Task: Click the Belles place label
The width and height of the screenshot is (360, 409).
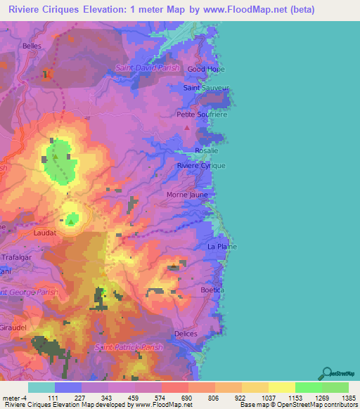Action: pyautogui.click(x=32, y=46)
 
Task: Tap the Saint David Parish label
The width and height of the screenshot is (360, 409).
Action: pyautogui.click(x=148, y=67)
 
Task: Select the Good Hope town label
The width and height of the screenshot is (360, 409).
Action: pyautogui.click(x=206, y=70)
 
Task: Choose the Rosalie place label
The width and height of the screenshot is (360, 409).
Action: pyautogui.click(x=207, y=150)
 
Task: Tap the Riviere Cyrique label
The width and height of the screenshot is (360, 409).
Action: pyautogui.click(x=202, y=165)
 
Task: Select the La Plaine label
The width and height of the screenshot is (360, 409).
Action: pyautogui.click(x=222, y=247)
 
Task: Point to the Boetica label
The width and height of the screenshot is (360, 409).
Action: pyautogui.click(x=212, y=290)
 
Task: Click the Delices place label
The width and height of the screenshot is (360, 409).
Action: pyautogui.click(x=186, y=334)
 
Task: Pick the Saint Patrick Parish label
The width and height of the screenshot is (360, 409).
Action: pyautogui.click(x=129, y=347)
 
